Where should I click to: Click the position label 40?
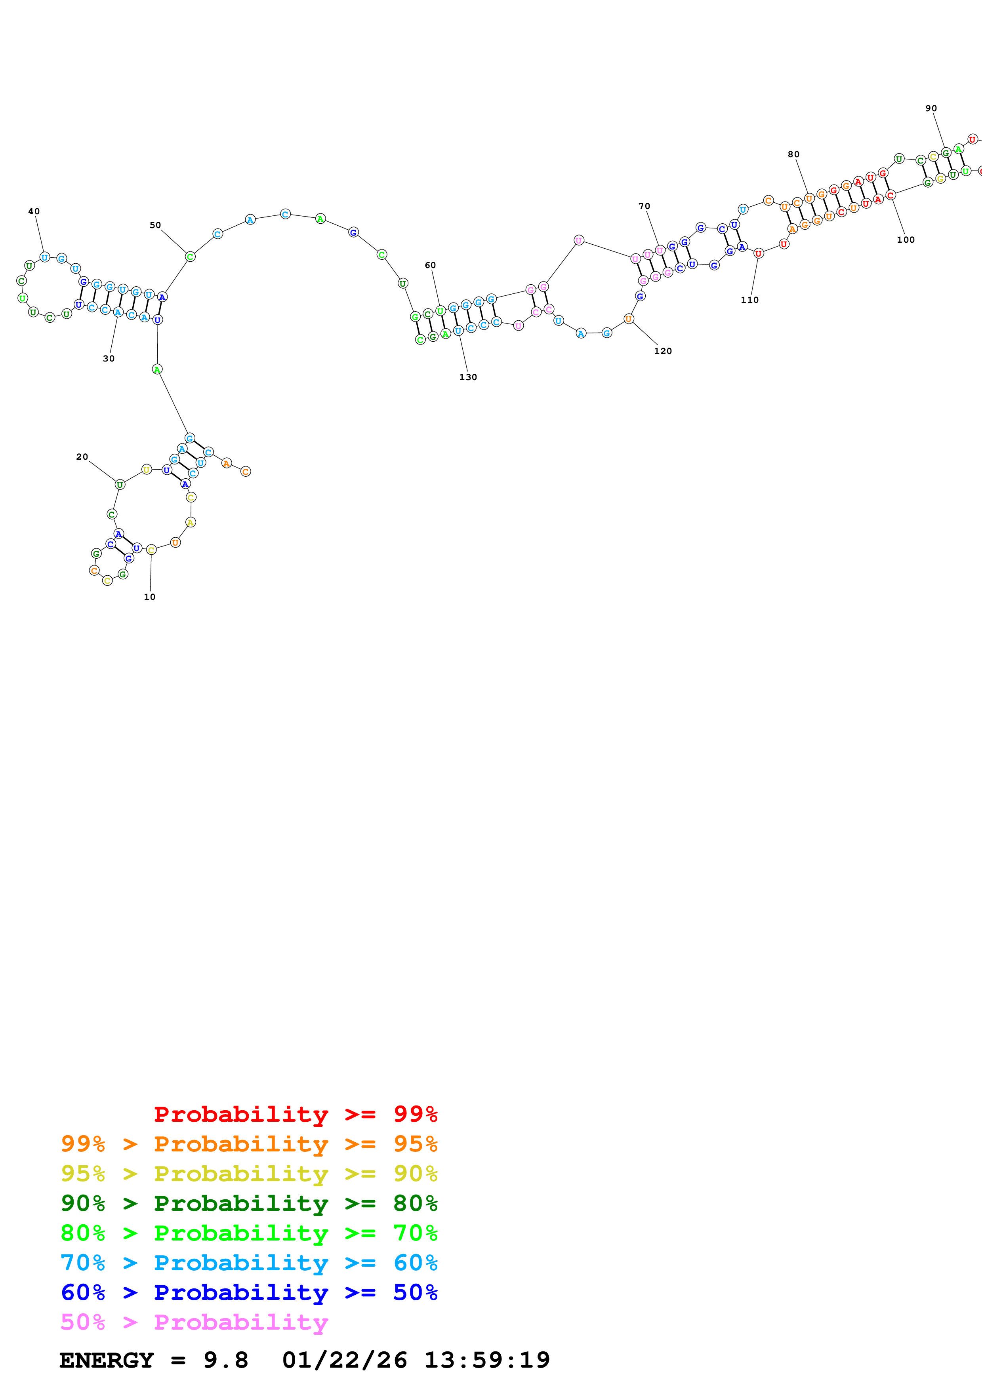coord(34,211)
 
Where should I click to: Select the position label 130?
coord(468,377)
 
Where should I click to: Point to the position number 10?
coord(149,596)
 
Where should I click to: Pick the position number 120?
coord(663,351)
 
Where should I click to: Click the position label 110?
coord(749,299)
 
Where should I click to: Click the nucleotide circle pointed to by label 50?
coord(190,257)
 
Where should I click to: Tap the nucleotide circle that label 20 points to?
coord(120,484)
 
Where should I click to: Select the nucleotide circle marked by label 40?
coord(44,257)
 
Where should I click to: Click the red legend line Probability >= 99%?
coord(295,1114)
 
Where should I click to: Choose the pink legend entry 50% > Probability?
coord(194,1322)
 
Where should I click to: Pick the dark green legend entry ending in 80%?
coord(249,1203)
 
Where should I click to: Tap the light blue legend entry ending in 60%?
coord(249,1263)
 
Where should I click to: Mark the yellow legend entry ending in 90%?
coord(249,1174)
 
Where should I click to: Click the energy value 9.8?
coord(226,1360)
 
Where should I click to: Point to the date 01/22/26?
coord(344,1360)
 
